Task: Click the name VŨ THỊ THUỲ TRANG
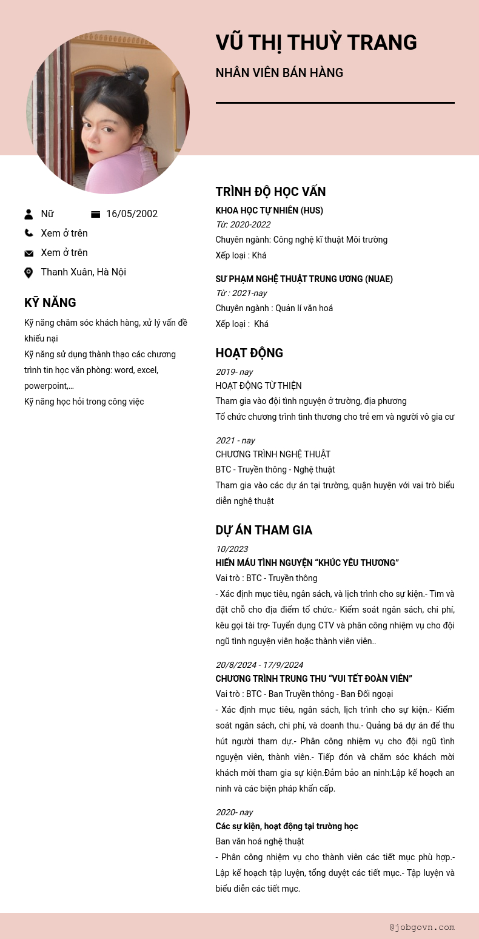click(x=316, y=42)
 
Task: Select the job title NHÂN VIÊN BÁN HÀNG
click(x=279, y=73)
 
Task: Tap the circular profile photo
click(x=108, y=112)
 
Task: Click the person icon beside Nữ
click(x=28, y=214)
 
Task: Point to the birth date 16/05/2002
click(x=132, y=214)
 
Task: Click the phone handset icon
click(x=28, y=233)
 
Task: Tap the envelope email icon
click(x=28, y=253)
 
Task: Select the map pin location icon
click(x=28, y=273)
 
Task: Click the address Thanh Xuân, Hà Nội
click(x=83, y=272)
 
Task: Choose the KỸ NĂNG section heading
click(x=50, y=303)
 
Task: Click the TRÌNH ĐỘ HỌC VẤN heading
click(x=270, y=192)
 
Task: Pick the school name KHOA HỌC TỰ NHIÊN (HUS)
click(x=269, y=210)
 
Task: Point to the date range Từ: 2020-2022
click(x=243, y=225)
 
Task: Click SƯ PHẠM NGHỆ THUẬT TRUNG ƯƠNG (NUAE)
click(x=304, y=279)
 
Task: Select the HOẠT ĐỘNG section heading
click(x=249, y=353)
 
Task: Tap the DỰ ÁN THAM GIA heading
click(x=264, y=530)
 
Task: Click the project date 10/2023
click(x=232, y=549)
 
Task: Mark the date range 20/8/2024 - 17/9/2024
click(x=260, y=665)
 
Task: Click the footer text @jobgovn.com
click(x=422, y=927)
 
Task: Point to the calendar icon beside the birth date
click(x=95, y=214)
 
